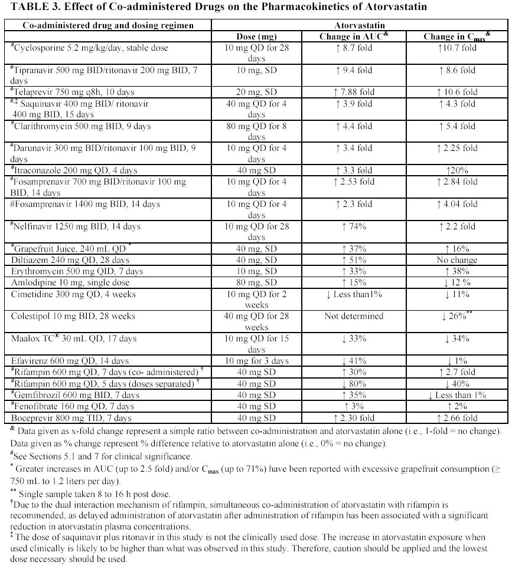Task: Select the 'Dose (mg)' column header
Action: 256,37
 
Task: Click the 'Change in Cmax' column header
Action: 457,37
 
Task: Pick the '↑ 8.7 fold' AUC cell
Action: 354,48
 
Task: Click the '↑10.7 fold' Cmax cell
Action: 456,48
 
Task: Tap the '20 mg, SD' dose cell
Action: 256,93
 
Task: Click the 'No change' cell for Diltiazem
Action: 456,260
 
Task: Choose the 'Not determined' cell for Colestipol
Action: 354,316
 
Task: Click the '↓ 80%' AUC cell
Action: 354,383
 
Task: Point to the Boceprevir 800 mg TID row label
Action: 71,417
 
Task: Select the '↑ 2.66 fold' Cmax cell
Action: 456,417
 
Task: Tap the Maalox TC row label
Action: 74,338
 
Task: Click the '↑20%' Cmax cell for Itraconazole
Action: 456,170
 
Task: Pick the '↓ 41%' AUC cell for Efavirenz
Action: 354,361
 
